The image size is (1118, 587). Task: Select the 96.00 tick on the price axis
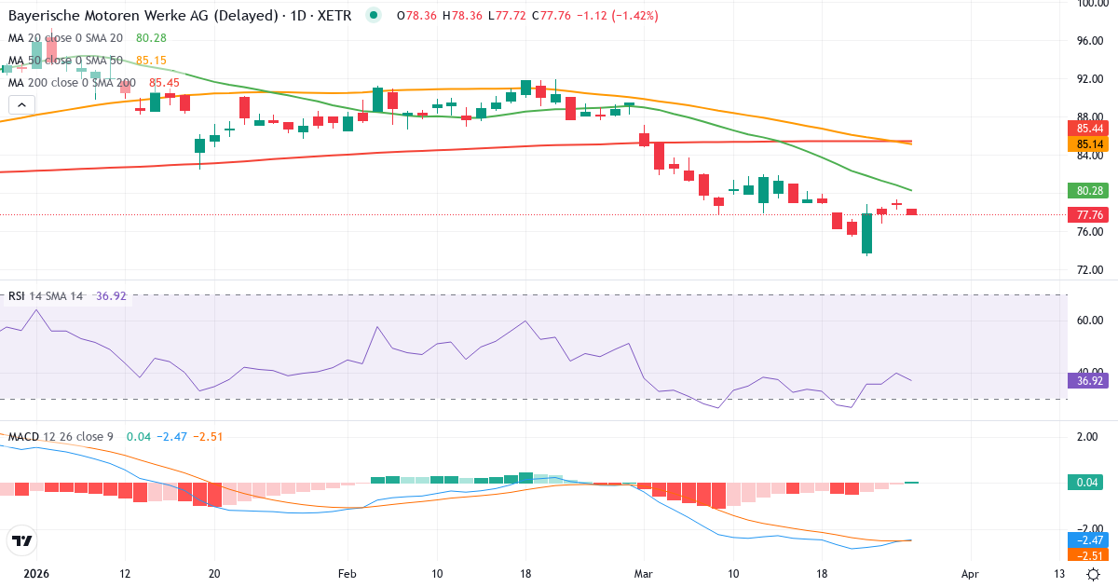1090,41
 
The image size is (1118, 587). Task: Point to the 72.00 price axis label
1090,270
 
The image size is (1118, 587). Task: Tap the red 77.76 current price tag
1090,214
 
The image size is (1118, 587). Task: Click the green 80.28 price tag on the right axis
1090,190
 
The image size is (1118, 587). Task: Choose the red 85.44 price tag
1090,129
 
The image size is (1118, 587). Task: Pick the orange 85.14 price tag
1090,144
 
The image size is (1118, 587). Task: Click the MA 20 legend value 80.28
151,38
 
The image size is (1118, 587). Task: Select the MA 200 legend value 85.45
165,83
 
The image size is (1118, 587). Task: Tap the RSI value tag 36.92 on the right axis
1090,380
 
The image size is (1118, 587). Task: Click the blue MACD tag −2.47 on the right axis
1090,540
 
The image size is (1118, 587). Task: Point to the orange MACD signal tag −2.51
1090,555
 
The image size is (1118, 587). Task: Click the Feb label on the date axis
347,573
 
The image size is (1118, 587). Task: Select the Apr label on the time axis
970,573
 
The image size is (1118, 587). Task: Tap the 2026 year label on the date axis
36,573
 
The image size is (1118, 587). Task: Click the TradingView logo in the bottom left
21,540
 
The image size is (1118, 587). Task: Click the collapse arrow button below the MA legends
21,105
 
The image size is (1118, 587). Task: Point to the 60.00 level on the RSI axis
1090,321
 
